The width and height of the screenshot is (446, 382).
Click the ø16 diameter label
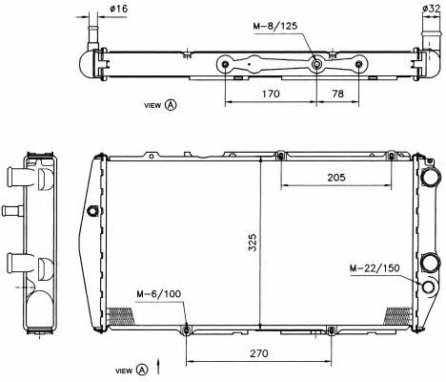118,9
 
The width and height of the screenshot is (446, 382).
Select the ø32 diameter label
432,9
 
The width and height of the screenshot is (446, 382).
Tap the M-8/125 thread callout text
275,26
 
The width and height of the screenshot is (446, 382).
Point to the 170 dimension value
271,94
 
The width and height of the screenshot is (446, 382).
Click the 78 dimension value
337,94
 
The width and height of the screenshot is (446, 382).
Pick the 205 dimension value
336,178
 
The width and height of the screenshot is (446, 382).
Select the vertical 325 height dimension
253,243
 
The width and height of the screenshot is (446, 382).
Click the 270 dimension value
259,353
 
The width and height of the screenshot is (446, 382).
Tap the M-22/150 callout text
375,268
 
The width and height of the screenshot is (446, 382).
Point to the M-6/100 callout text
159,293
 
